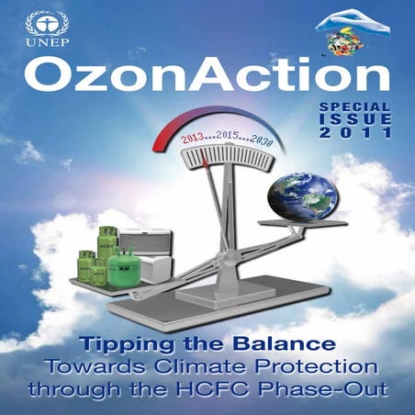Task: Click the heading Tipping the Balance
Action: (207, 346)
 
